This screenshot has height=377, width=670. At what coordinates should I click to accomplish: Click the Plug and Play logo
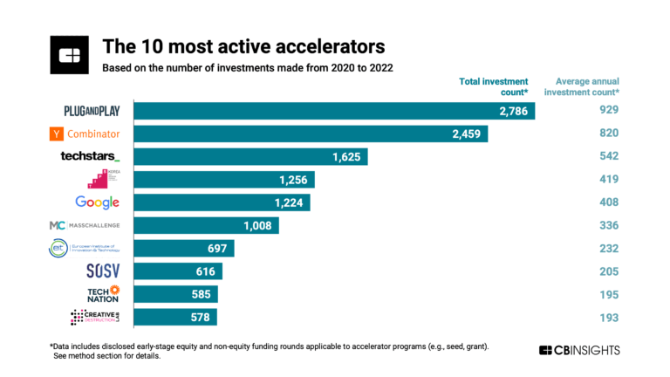(x=85, y=111)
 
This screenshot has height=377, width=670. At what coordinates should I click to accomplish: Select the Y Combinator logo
(x=85, y=134)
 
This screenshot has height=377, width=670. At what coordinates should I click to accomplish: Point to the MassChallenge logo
(x=85, y=225)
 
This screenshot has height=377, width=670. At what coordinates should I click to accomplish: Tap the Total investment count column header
(x=494, y=86)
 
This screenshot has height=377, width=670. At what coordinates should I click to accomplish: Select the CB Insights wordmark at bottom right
(x=579, y=350)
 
